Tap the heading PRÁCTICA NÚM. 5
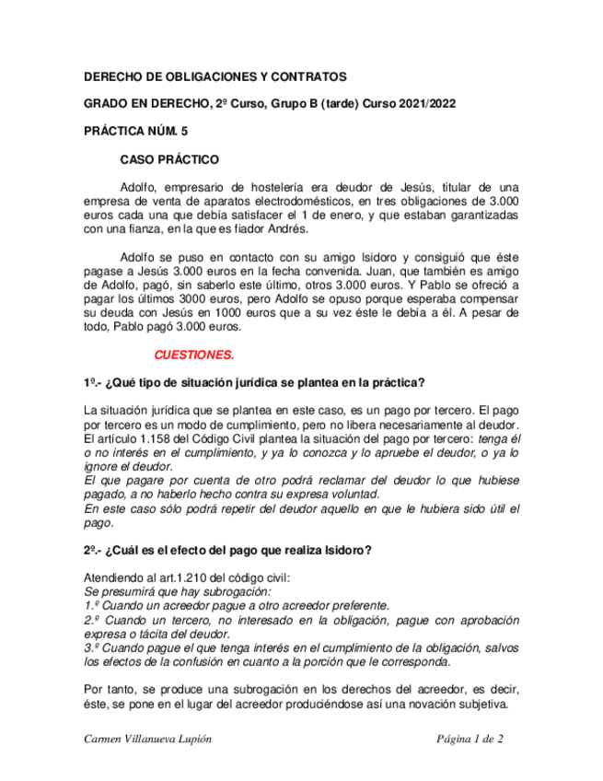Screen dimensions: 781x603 [135, 132]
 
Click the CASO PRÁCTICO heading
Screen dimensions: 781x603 [169, 159]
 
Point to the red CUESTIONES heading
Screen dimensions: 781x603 [194, 355]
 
